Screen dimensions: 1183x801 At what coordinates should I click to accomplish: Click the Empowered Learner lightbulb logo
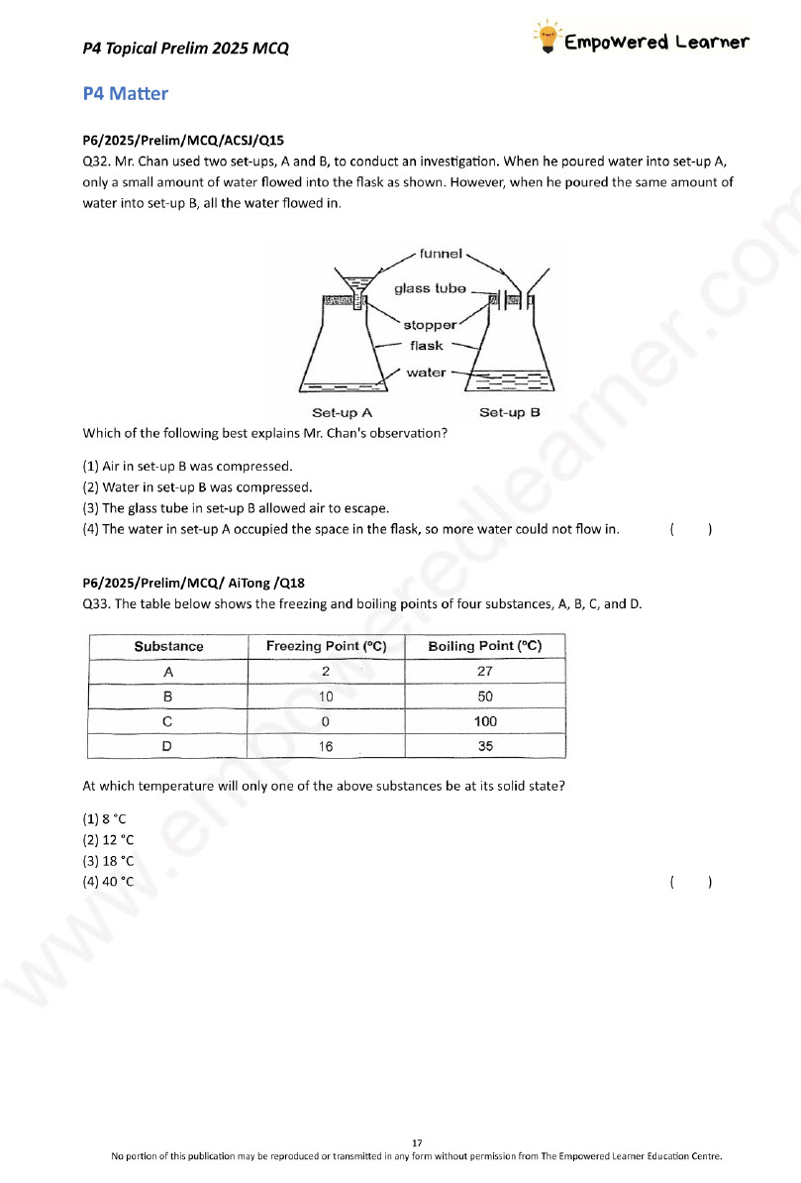tap(546, 39)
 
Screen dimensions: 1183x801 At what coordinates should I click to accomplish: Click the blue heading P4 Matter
tap(126, 94)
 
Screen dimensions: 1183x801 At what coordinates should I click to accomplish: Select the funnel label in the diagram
tap(441, 254)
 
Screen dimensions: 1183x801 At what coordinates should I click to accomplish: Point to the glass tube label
tap(430, 288)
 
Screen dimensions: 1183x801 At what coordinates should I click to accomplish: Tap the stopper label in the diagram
tap(430, 325)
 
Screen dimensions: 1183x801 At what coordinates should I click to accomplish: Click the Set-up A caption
tap(342, 412)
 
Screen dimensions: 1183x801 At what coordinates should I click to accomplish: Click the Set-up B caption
tap(509, 412)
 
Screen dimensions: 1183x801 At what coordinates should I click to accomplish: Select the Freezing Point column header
tap(326, 646)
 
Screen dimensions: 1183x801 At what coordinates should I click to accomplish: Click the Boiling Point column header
tap(485, 646)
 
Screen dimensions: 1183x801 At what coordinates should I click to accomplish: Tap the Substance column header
tap(168, 646)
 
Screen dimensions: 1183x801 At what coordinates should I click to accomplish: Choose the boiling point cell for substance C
tap(485, 721)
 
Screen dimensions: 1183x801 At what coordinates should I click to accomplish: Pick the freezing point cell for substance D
tap(326, 747)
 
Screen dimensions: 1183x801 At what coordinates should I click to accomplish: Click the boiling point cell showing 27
tap(485, 671)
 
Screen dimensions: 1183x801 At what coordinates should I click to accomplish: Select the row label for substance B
tap(168, 697)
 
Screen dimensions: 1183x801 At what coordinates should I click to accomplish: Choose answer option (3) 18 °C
tap(108, 860)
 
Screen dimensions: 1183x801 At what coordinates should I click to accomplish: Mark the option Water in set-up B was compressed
tap(197, 486)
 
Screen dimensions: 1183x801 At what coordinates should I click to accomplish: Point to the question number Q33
tap(96, 603)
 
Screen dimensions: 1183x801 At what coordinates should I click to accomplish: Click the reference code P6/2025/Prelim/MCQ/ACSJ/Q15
tap(184, 141)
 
